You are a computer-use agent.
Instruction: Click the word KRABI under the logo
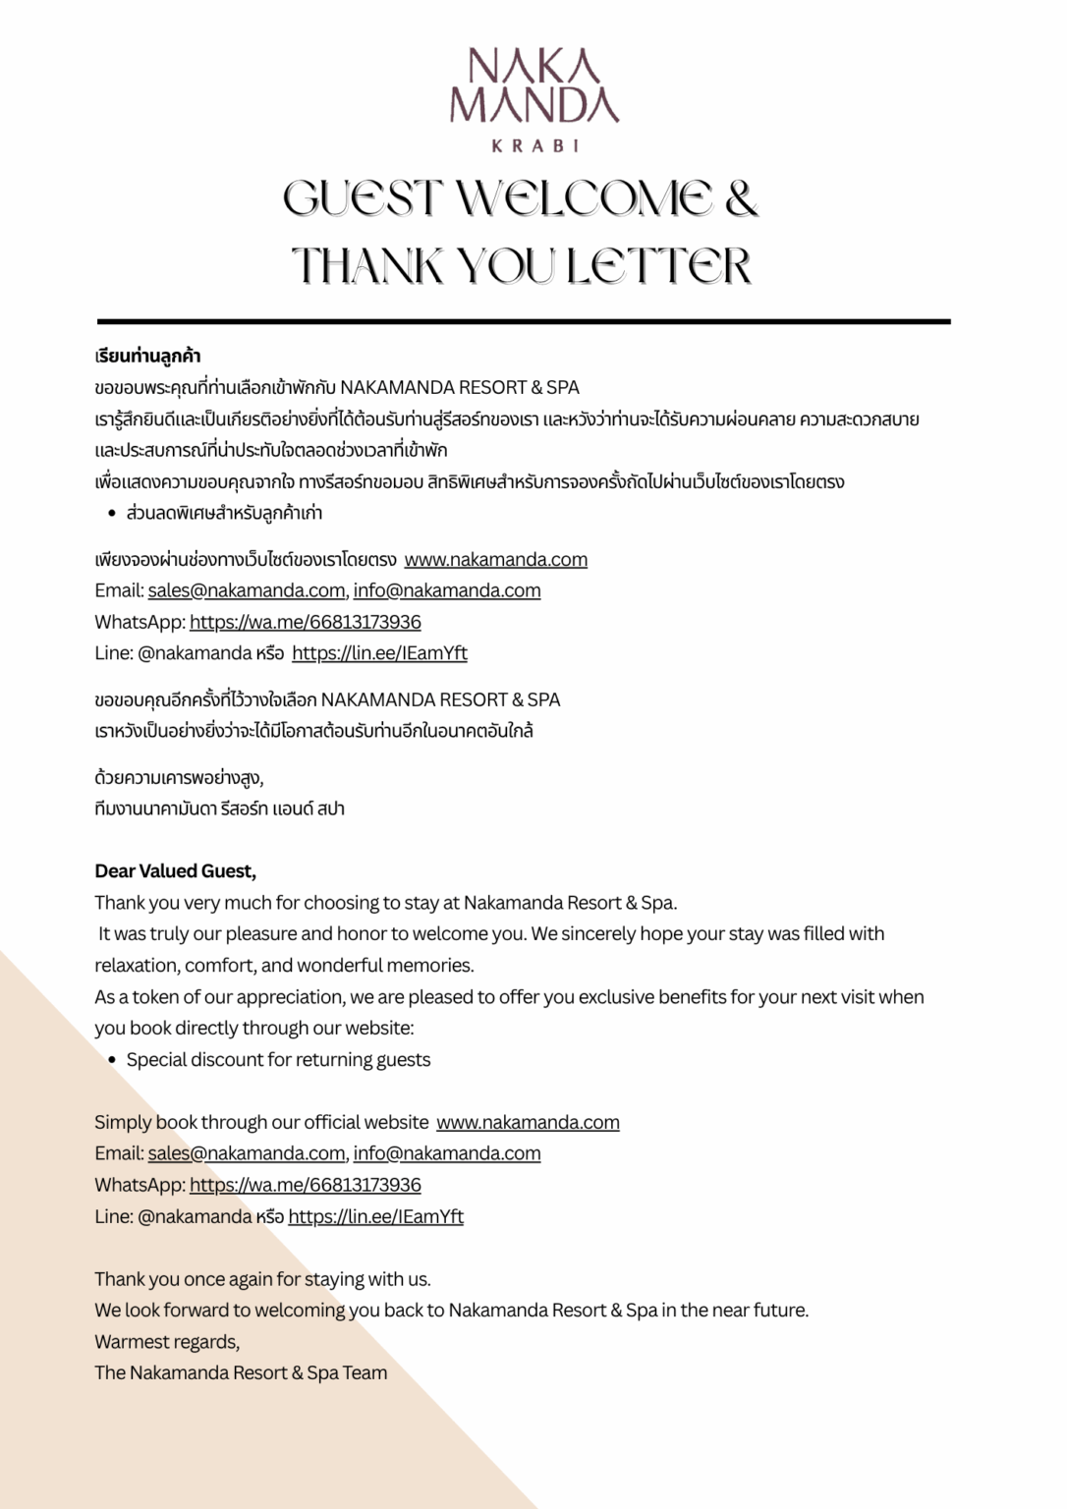(x=533, y=145)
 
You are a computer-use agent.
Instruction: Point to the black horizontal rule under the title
(x=524, y=321)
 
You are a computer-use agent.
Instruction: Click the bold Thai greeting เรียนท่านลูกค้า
(x=147, y=356)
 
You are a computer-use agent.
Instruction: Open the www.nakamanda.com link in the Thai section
(x=495, y=560)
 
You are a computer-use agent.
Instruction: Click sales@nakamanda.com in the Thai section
(x=246, y=590)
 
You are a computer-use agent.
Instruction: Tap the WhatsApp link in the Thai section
(x=305, y=622)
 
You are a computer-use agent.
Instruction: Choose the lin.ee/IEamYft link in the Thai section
(x=379, y=653)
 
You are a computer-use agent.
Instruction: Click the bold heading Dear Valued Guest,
(x=175, y=871)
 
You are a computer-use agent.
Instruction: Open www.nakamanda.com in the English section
(x=528, y=1122)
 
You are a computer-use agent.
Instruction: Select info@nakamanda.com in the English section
(x=447, y=1153)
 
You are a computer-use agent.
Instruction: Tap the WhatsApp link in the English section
(x=305, y=1185)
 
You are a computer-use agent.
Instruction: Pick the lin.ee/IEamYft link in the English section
(x=375, y=1216)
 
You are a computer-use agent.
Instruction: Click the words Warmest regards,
(x=167, y=1342)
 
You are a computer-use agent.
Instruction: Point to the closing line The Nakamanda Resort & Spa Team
(x=241, y=1373)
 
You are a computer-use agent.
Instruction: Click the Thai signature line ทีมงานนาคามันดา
(x=219, y=810)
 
